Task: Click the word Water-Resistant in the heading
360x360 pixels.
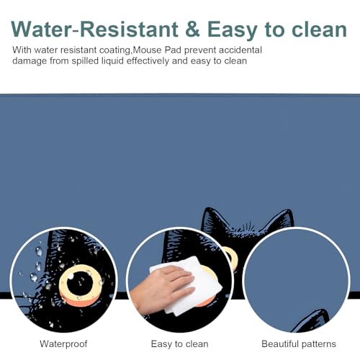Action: coord(94,30)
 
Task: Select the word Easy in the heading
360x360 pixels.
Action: coord(233,30)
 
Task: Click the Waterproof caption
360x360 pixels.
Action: coord(63,344)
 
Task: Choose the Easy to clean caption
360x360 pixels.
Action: coord(179,344)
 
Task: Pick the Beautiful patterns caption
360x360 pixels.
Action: coord(299,344)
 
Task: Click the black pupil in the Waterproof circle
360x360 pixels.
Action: coord(80,284)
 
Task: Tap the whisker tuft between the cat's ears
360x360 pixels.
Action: coord(247,226)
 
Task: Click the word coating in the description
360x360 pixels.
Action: coord(114,50)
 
